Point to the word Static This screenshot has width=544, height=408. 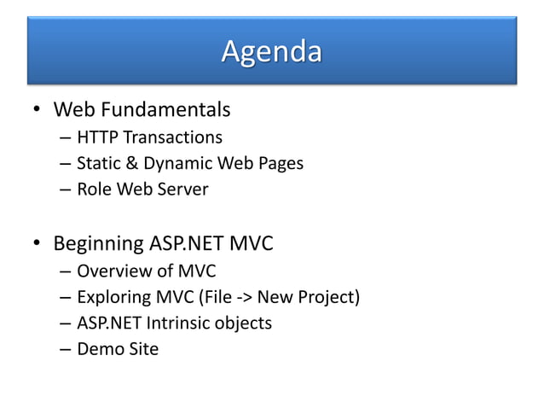point(98,163)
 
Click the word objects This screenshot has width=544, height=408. point(243,323)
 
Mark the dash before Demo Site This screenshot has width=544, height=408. point(66,349)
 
